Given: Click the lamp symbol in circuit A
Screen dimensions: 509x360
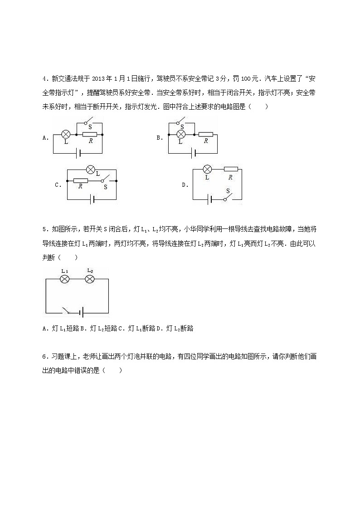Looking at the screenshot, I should coord(66,135).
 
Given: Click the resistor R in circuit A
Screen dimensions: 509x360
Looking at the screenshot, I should coord(90,135).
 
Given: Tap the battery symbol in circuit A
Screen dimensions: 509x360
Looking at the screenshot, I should coord(80,153).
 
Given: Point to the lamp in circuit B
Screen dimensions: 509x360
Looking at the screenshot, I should coord(180,135).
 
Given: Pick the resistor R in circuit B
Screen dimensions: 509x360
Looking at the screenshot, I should coord(205,135).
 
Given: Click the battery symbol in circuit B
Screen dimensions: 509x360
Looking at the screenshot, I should coord(194,153).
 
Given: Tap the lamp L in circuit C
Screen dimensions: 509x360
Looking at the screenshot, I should coord(90,170).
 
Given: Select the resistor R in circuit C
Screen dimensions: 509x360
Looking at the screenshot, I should coord(80,180).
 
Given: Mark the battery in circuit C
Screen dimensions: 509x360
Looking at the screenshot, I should coord(92,199).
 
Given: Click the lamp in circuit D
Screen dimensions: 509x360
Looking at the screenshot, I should coord(207,169).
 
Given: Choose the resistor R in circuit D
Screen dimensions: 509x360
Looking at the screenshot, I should coord(231,169).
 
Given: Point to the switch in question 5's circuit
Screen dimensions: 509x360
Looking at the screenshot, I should coord(68,311).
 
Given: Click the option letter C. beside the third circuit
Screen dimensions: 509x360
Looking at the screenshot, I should coord(58,185).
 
